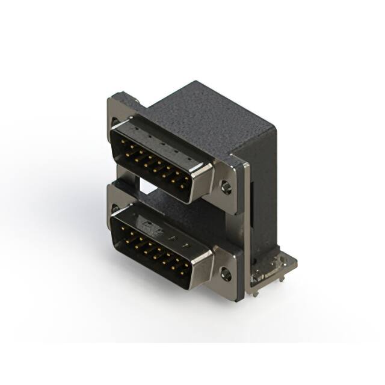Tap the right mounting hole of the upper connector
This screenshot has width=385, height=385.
(x=226, y=187)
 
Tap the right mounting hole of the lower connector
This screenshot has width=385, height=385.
(x=226, y=275)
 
